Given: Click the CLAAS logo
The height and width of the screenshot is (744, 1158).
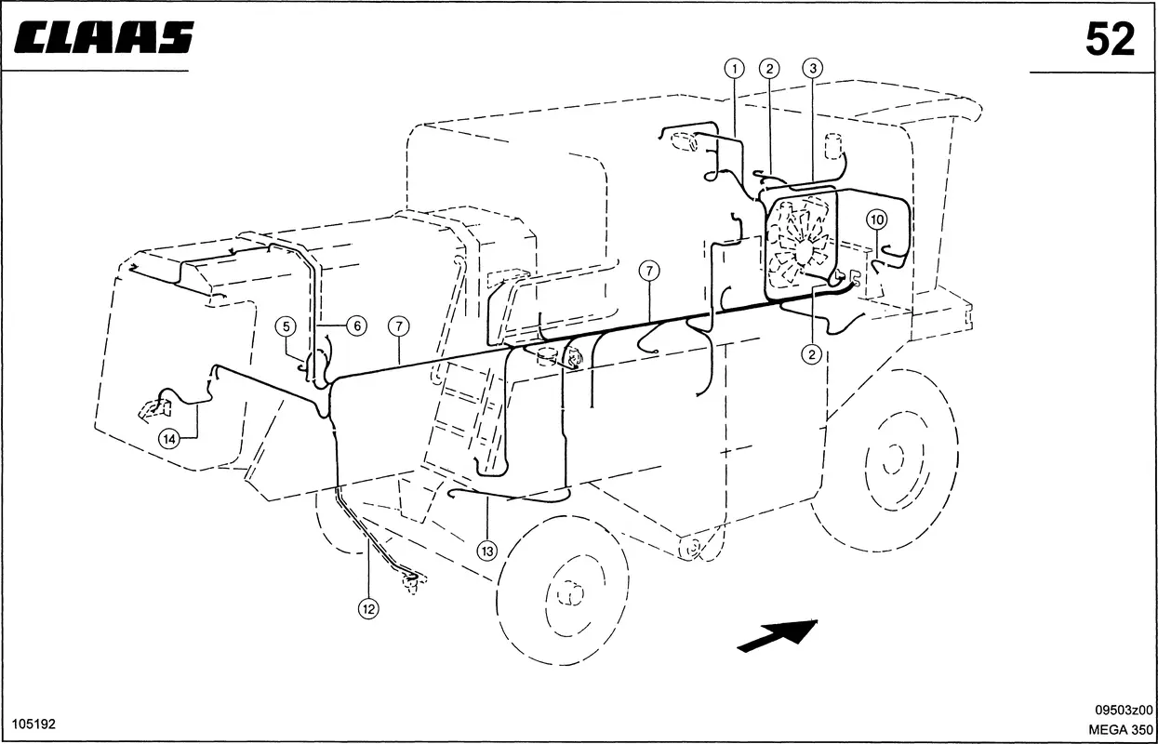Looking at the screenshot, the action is (103, 37).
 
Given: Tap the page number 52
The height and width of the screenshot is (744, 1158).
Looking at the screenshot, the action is (1110, 39).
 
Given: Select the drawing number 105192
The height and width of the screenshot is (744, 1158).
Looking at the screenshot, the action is (33, 724).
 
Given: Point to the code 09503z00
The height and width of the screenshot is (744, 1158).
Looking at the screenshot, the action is (1124, 710).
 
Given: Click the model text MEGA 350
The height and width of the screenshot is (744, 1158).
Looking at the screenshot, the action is (1121, 729).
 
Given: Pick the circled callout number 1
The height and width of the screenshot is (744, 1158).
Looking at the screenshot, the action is (734, 68).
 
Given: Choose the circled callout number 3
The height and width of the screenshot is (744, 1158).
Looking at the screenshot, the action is (813, 68).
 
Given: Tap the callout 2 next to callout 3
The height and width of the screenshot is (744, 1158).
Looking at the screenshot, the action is (769, 68).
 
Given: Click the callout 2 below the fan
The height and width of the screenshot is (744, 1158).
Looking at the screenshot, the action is (812, 354).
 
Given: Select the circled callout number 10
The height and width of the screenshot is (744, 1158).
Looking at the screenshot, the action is (877, 220).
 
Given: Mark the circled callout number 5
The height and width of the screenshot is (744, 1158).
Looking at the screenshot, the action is (286, 326).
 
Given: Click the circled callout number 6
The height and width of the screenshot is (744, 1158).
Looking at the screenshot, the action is (357, 325).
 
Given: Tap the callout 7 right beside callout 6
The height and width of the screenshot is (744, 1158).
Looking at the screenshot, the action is (399, 326).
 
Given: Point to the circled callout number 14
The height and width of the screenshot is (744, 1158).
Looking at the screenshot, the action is (169, 440).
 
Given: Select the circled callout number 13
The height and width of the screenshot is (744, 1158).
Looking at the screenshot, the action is (487, 551).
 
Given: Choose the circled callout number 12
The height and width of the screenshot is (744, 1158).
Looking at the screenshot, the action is (368, 608).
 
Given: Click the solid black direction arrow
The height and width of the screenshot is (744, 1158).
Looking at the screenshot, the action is (777, 635).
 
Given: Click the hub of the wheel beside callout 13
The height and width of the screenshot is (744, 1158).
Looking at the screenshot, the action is (571, 593).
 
